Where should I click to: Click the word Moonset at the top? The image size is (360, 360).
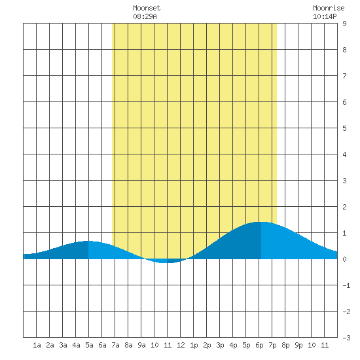[x=147, y=8]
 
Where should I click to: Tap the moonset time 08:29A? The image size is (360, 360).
[x=145, y=16]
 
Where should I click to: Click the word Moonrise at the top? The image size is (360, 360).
[x=329, y=8]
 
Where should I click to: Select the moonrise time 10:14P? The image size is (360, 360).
[x=325, y=16]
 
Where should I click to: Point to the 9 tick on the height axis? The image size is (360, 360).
[x=344, y=24]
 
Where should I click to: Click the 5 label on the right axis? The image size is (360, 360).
[x=344, y=128]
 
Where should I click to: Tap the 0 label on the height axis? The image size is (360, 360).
[x=344, y=259]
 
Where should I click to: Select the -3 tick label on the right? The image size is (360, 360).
[x=346, y=338]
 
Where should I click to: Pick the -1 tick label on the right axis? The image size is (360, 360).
[x=346, y=285]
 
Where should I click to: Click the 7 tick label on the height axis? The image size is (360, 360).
[x=344, y=76]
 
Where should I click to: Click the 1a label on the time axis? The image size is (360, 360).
[x=37, y=345]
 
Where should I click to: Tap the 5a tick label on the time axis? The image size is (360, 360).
[x=89, y=345]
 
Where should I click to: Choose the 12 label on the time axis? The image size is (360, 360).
[x=181, y=345]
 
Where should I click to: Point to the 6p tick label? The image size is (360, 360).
[x=259, y=345]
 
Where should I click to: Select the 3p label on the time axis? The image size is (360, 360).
[x=220, y=345]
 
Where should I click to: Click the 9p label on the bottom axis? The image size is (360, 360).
[x=298, y=345]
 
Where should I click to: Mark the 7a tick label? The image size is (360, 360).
[x=115, y=345]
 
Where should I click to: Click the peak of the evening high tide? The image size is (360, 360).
[x=261, y=222]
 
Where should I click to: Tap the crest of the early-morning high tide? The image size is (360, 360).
[x=88, y=241]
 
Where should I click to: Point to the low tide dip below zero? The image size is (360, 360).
[x=166, y=262]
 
